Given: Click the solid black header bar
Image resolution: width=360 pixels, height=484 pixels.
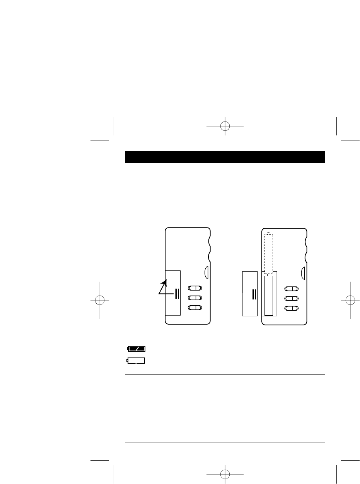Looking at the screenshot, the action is (x=225, y=157).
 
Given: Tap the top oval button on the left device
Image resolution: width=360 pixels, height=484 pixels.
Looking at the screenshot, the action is (x=195, y=288).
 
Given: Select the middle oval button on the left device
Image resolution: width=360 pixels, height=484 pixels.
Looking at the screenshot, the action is (x=195, y=298).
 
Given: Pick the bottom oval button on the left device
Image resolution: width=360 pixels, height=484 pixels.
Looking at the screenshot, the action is (x=195, y=308).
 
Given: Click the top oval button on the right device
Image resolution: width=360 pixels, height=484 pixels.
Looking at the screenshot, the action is (x=291, y=289).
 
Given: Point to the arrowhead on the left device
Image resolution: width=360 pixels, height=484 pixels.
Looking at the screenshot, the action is (x=164, y=283).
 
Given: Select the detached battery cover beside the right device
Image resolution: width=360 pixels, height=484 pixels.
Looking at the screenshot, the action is (x=249, y=293).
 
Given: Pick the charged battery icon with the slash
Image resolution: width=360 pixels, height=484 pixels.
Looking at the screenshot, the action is (x=136, y=349).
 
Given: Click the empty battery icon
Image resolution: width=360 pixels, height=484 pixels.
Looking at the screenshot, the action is (x=136, y=361).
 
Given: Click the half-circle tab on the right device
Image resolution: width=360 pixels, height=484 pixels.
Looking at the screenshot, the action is (x=304, y=272).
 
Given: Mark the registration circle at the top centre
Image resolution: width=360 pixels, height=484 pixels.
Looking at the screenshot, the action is (x=225, y=126).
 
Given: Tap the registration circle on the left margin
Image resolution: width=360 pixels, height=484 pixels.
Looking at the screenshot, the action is (x=100, y=300).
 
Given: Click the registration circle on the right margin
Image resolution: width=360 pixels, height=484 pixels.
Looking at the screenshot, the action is (x=350, y=300).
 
